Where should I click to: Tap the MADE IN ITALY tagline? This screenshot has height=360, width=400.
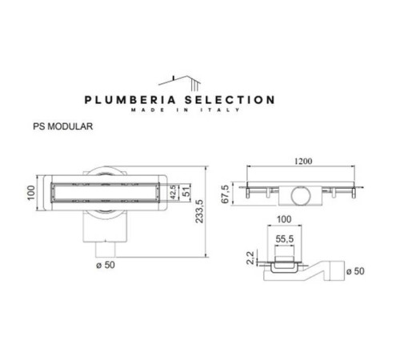click(x=180, y=112)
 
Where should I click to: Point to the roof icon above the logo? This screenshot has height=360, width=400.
click(x=179, y=80)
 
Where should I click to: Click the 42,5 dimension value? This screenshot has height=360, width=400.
click(x=172, y=193)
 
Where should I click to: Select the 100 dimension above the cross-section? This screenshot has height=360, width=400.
click(x=285, y=218)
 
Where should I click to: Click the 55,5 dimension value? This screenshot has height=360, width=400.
click(x=284, y=238)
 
